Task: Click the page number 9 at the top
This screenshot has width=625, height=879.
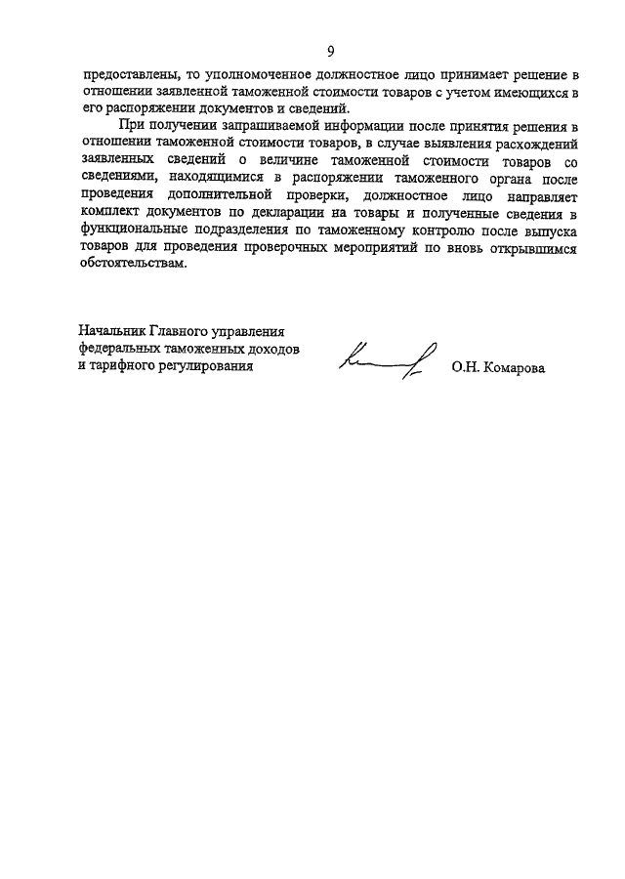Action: click(330, 51)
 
